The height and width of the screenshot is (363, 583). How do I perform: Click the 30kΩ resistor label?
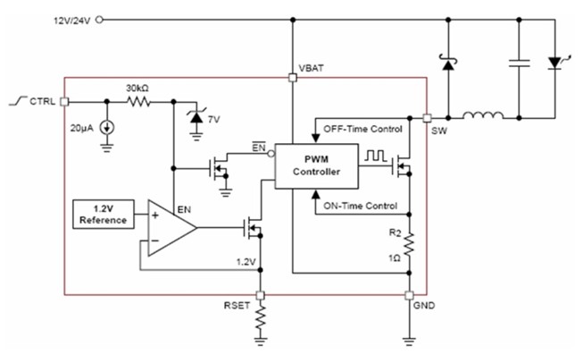point(136,88)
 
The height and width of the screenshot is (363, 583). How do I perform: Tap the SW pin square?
point(427,117)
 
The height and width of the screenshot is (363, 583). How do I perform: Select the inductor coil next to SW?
point(482,115)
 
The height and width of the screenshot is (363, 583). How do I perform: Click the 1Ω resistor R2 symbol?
point(409,242)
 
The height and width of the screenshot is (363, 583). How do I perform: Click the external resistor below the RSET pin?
point(260,318)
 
